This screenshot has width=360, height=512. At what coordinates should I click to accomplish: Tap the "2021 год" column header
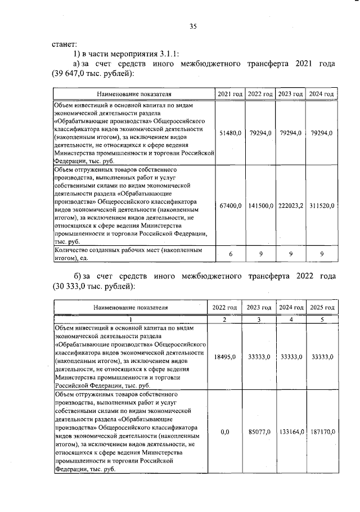coord(231,93)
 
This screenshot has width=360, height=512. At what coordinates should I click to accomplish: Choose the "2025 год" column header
coord(323,308)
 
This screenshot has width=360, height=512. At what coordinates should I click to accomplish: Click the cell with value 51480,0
coord(231,132)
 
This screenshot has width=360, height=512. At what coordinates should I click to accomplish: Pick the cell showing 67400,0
coord(231,206)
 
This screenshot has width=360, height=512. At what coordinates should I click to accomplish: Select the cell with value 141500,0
coord(260,206)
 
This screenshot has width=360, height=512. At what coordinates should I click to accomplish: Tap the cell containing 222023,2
coord(291,206)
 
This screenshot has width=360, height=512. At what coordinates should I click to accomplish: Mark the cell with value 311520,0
coord(322,206)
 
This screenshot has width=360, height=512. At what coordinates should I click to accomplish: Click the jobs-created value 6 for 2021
coord(231,254)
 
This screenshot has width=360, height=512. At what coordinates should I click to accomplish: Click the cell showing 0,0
coord(224,432)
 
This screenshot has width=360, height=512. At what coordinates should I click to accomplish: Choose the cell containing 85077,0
coord(259,432)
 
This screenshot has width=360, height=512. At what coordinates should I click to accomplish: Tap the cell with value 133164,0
coord(291,432)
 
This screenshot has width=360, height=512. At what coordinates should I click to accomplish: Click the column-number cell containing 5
coord(323,320)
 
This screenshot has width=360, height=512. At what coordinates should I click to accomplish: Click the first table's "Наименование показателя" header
coord(134,93)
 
